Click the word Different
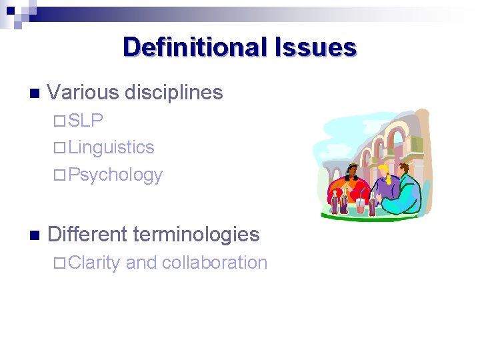pos(87,234)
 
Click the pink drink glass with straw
pos(361,203)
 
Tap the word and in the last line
pos(140,263)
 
